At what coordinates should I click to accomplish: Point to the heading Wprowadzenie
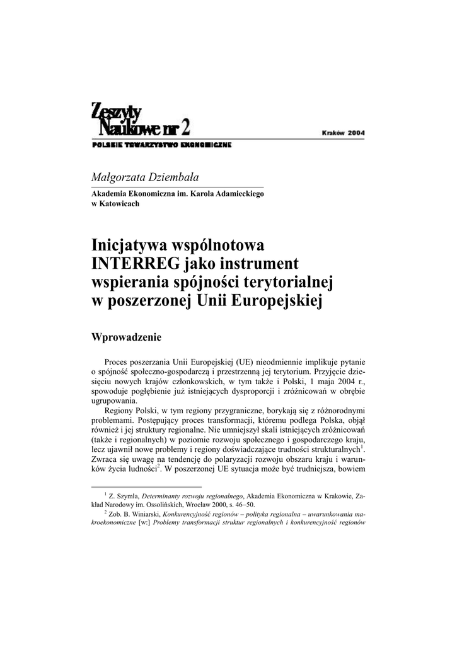tap(127, 337)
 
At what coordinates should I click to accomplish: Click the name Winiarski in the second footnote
tap(137, 514)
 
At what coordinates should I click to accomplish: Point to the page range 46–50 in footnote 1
tap(243, 505)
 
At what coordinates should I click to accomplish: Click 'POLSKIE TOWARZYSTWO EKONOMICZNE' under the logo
tap(161, 145)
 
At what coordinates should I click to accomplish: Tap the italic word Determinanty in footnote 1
tap(161, 497)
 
